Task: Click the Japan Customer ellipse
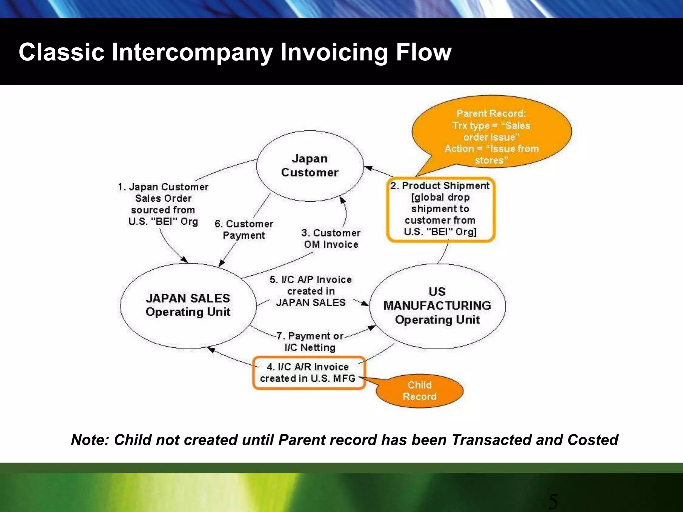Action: [310, 166]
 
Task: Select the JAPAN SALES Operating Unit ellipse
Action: [188, 305]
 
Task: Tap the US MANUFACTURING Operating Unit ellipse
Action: [437, 306]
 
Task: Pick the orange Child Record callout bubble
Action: [420, 391]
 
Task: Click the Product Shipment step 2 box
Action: [441, 209]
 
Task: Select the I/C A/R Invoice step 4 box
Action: [308, 373]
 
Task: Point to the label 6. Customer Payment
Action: [244, 229]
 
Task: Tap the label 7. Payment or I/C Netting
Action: [310, 342]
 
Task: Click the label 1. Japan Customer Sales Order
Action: [163, 204]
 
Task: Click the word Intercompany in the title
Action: [192, 52]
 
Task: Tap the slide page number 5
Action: [553, 502]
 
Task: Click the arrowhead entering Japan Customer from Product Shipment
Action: [368, 168]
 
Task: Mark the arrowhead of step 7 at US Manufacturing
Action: [372, 328]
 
